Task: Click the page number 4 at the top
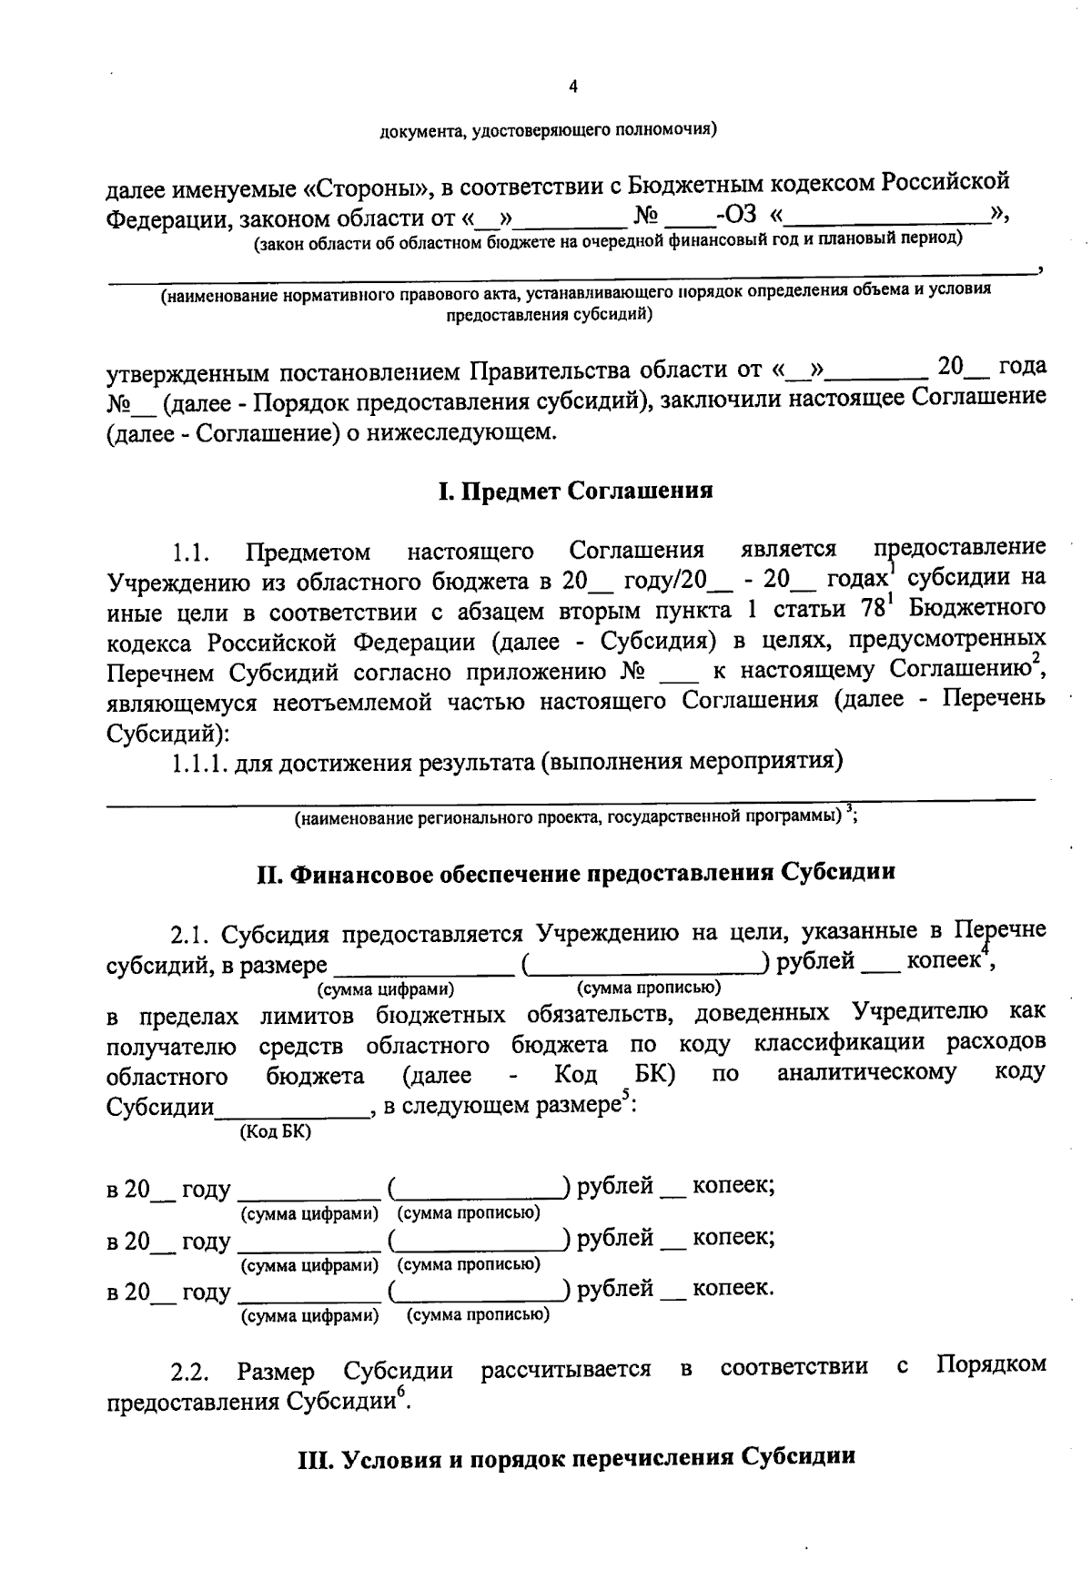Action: (572, 87)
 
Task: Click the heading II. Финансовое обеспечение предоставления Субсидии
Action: (575, 873)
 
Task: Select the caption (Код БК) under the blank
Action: (275, 1131)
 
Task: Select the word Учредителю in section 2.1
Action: (920, 1012)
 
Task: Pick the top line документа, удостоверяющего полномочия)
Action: (548, 131)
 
